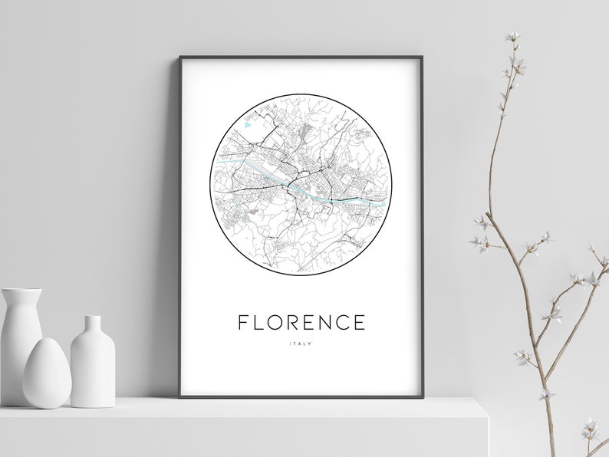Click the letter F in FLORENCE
243,323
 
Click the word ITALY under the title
301,343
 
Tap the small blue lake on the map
246,123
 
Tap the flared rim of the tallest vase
21,291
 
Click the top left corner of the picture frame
181,58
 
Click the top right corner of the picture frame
421,58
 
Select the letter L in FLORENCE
259,323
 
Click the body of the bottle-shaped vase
93,364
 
